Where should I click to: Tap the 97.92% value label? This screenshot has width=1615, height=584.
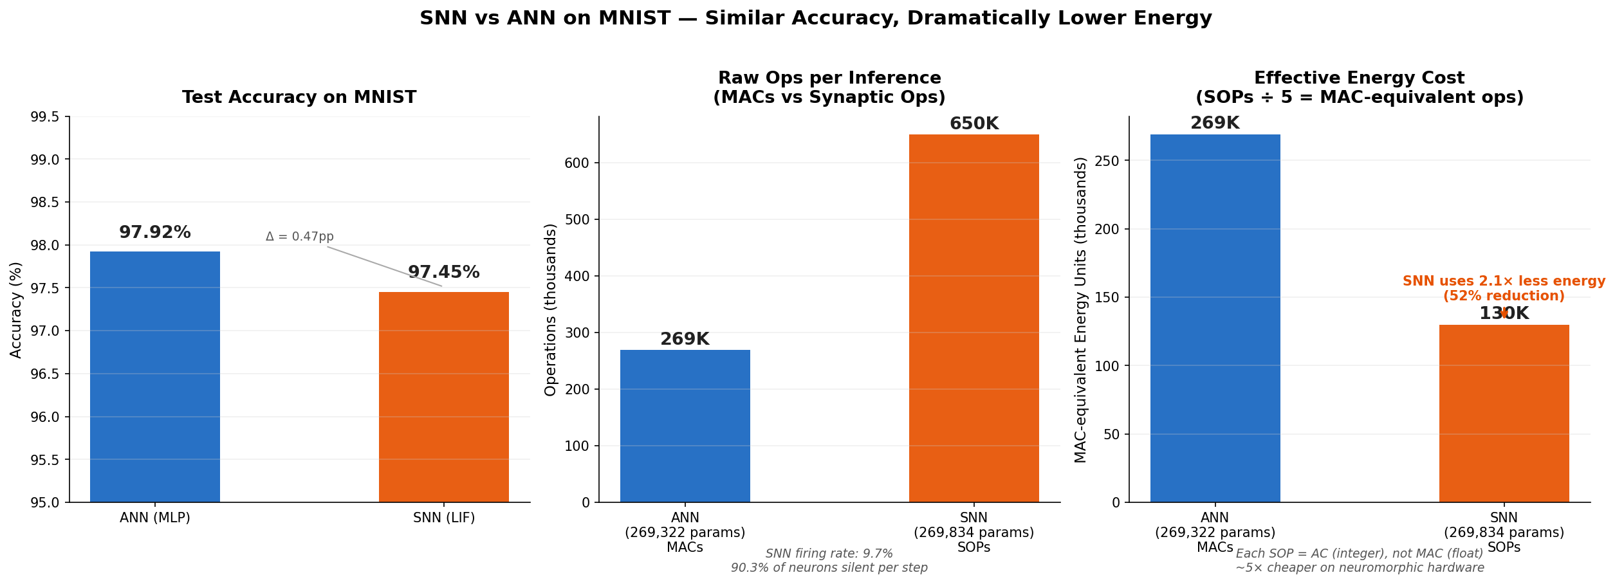pyautogui.click(x=155, y=233)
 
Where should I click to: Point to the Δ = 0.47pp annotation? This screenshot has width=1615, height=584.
pyautogui.click(x=300, y=237)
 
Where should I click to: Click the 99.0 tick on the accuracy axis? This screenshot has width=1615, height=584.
pyautogui.click(x=45, y=160)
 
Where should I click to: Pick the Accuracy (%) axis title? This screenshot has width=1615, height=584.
pyautogui.click(x=16, y=309)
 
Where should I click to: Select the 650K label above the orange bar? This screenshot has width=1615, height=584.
pyautogui.click(x=974, y=123)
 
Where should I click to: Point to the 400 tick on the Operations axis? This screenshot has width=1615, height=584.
pyautogui.click(x=577, y=277)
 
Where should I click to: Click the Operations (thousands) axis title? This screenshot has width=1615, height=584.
pyautogui.click(x=550, y=309)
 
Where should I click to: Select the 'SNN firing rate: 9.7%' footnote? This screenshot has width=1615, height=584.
pyautogui.click(x=829, y=554)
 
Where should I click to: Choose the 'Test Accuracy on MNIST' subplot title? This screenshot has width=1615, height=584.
pyautogui.click(x=299, y=98)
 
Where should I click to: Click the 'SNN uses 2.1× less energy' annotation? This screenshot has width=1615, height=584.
pyautogui.click(x=1504, y=282)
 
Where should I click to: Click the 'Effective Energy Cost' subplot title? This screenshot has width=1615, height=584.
pyautogui.click(x=1359, y=78)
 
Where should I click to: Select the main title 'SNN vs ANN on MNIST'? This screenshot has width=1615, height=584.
pyautogui.click(x=815, y=18)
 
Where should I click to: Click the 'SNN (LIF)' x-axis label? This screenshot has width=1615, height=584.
pyautogui.click(x=443, y=518)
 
